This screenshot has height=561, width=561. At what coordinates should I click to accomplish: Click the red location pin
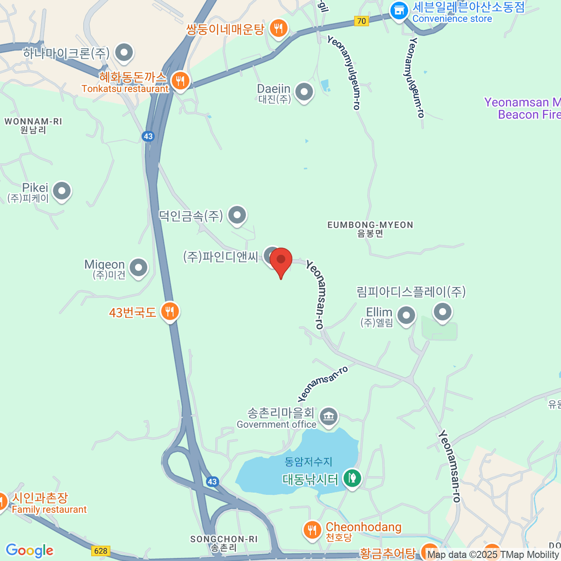pos(281,260)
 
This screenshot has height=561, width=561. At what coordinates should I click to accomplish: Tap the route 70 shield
pos(361,21)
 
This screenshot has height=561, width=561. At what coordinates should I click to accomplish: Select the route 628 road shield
pos(101,551)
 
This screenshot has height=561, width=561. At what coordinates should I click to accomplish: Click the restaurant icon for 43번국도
pos(170,311)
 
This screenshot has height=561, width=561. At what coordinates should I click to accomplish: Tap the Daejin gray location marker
pos(304,92)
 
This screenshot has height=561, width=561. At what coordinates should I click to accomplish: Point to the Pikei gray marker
pos(61,191)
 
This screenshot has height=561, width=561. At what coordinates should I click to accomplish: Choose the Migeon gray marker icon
pos(138,268)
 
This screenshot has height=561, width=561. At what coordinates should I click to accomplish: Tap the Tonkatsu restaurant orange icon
pos(180,80)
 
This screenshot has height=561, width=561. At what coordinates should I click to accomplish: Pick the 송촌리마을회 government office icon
pos(328,416)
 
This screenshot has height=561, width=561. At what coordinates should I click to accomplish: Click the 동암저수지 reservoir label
pos(309,461)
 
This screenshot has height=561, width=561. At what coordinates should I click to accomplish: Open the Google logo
pos(29,551)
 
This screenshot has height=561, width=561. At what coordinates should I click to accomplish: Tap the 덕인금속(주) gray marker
pos(237,216)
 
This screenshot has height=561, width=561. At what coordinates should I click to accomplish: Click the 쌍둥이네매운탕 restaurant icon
pos(279,29)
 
